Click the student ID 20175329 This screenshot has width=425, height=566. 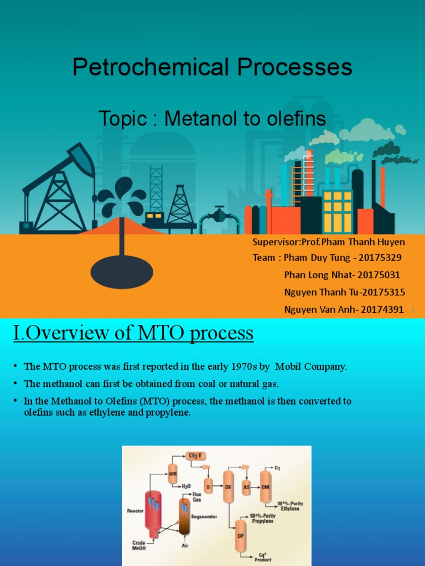[381, 258]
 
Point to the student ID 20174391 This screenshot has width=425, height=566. [382, 310]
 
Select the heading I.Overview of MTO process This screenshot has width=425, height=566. [133, 333]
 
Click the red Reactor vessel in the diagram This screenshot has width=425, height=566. [153, 509]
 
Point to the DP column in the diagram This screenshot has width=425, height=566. [241, 536]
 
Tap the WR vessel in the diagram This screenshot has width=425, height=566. [173, 474]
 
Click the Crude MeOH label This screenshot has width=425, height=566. [139, 546]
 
